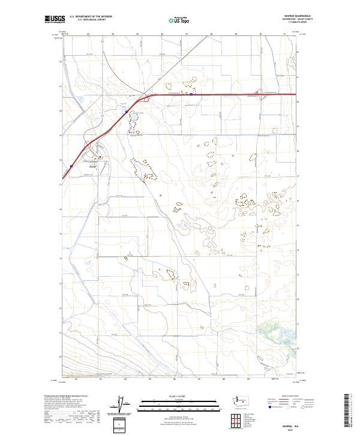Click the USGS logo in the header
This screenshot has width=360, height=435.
click(x=55, y=20)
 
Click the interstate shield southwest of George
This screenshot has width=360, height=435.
click(x=71, y=166)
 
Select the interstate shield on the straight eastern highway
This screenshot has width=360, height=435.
click(x=191, y=94)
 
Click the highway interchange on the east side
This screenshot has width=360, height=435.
click(x=260, y=95)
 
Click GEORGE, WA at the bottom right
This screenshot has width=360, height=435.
click(x=280, y=424)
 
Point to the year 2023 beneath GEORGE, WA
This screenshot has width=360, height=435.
click(x=280, y=430)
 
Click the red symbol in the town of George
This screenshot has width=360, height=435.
click(x=100, y=157)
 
